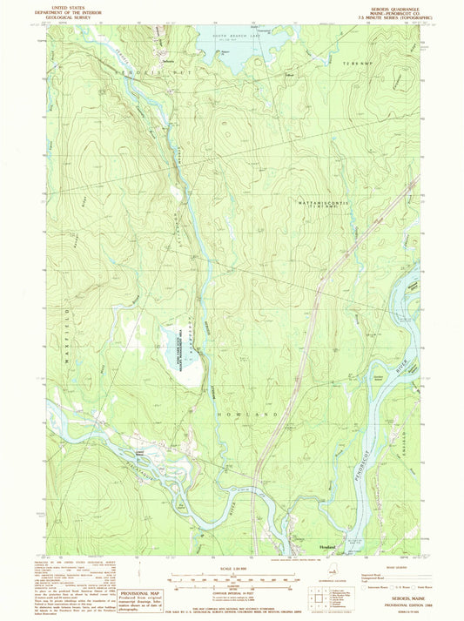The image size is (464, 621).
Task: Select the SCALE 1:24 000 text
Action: click(x=232, y=570)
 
